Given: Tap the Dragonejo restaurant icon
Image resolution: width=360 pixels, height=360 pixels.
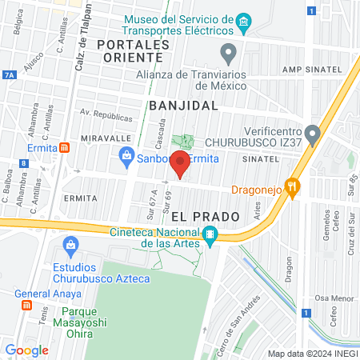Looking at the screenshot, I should [294, 190].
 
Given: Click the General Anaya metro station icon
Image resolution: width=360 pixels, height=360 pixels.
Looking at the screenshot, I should [25, 305].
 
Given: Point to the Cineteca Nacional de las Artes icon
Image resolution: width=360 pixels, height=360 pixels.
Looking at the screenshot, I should [210, 234].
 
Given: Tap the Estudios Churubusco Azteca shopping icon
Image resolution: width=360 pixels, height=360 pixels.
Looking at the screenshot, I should [71, 243].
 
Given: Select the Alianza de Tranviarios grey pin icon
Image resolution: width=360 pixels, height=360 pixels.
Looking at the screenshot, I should [230, 54].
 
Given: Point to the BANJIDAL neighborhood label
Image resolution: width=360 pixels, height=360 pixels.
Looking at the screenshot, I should [183, 105].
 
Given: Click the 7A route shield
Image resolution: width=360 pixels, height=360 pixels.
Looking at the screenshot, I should [9, 74].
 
